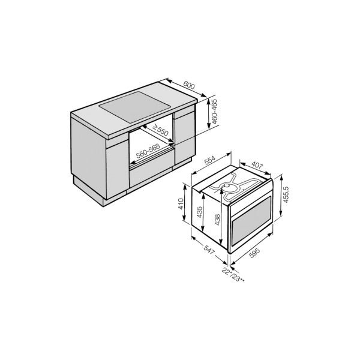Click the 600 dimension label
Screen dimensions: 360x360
coord(189,86)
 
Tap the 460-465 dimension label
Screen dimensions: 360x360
coord(214,112)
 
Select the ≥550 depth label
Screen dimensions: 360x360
coord(160,130)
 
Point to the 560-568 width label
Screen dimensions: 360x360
coord(148,151)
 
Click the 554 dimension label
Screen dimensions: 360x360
coord(210,160)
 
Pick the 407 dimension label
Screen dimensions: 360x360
coord(257,165)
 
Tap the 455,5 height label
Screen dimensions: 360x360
coord(286,194)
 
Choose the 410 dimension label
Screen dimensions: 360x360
coord(181,203)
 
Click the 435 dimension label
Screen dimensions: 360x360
coord(199,212)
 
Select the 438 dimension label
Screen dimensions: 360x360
coord(217,220)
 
